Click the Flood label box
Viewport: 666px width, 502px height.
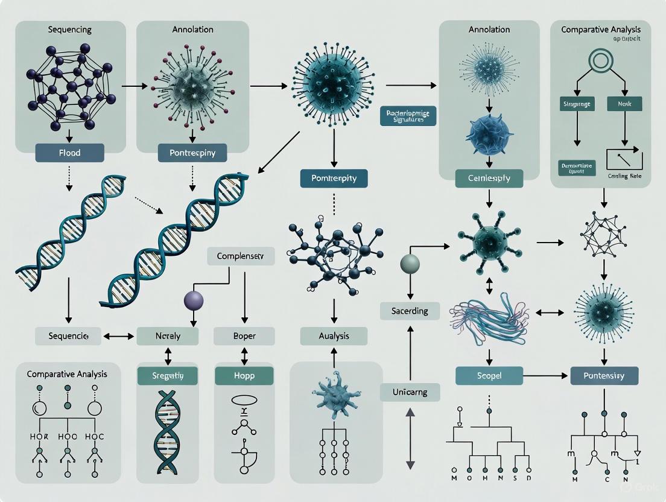click(69, 152)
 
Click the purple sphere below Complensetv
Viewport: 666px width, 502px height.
click(194, 300)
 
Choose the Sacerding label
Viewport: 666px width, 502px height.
click(410, 311)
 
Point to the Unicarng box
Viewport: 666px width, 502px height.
click(410, 392)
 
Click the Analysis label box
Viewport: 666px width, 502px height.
click(334, 336)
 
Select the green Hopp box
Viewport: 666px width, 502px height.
click(244, 375)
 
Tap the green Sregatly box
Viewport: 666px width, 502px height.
click(167, 375)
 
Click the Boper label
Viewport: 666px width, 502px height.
click(244, 336)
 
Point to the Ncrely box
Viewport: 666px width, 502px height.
click(167, 336)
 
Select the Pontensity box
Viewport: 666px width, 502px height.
click(603, 375)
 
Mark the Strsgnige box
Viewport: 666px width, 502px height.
click(577, 104)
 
